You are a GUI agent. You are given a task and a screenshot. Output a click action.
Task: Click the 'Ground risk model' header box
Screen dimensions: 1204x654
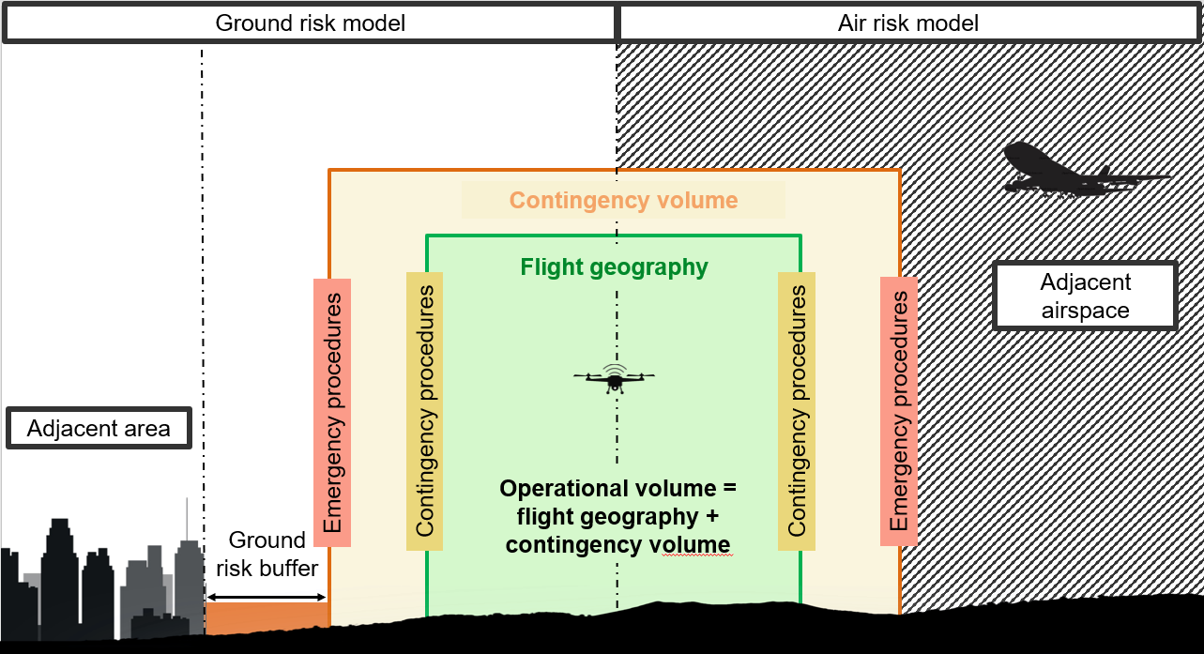click(x=310, y=23)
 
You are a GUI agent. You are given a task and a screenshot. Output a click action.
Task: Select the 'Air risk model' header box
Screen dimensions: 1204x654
click(x=908, y=23)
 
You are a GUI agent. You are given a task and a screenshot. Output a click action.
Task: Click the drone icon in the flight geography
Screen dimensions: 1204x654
click(x=615, y=379)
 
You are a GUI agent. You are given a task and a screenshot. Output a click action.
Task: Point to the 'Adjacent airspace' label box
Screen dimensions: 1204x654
click(x=1085, y=296)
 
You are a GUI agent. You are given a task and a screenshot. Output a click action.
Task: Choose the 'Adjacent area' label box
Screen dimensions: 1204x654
click(x=99, y=428)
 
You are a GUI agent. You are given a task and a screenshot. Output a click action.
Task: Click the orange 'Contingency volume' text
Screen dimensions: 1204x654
click(x=623, y=201)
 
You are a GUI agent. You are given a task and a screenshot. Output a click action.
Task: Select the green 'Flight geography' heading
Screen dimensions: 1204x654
click(x=614, y=267)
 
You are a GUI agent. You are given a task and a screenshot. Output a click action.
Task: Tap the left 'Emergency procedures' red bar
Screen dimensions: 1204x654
click(x=332, y=413)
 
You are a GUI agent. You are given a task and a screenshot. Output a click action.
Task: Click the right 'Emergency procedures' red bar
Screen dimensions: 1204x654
click(x=899, y=412)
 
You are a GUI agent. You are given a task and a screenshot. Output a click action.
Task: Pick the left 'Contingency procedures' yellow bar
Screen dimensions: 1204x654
click(x=424, y=412)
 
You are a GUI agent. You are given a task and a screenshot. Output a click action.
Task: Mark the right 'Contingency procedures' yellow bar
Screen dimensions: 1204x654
click(x=797, y=412)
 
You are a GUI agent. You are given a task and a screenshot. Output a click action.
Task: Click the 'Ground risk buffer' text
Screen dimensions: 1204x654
click(x=267, y=554)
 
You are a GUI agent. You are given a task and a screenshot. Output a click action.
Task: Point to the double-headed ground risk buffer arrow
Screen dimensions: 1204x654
click(x=267, y=597)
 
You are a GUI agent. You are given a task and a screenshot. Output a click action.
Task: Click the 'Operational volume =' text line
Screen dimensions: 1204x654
click(x=618, y=489)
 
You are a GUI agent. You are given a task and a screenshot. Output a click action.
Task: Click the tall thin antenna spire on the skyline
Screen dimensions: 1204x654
click(x=187, y=519)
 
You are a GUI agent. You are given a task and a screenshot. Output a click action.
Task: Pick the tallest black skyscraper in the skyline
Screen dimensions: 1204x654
click(x=60, y=578)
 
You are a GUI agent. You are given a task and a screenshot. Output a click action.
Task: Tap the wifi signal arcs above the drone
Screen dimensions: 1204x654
click(x=615, y=370)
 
